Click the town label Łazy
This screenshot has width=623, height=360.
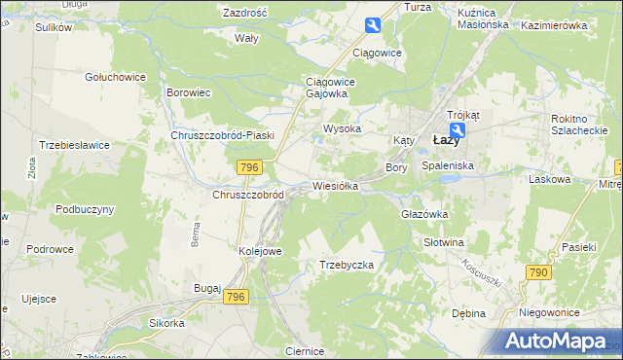446,140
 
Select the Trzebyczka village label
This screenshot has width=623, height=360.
347,265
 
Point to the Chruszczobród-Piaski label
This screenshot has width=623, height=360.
223,135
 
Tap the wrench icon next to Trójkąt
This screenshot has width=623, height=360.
458,129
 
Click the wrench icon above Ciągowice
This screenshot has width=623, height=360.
373,26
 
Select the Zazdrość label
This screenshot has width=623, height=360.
245,14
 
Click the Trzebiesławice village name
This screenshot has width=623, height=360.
74,144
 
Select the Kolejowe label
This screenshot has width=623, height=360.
260,251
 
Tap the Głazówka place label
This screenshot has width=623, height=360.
423,214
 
